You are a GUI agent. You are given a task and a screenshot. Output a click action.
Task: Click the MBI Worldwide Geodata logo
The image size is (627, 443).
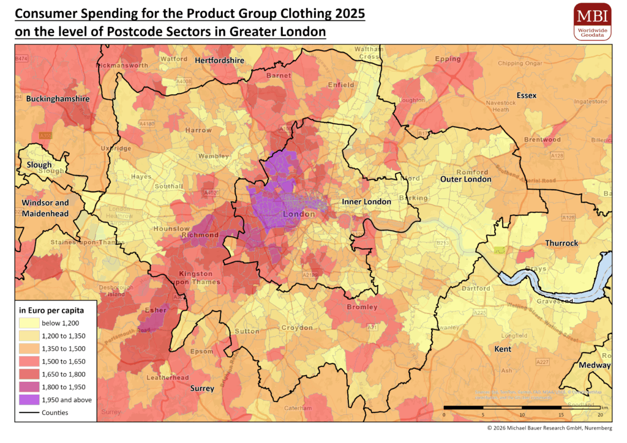(592, 21)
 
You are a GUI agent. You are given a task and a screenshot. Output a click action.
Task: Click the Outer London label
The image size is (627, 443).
(465, 179)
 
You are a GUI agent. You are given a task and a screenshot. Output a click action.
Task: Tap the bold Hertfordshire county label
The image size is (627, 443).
(219, 61)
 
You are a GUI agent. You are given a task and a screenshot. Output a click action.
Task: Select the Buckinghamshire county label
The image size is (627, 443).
(52, 99)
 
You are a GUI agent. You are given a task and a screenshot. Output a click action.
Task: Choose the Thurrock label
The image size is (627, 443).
(561, 243)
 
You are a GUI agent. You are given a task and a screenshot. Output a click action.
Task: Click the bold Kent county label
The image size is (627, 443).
(503, 349)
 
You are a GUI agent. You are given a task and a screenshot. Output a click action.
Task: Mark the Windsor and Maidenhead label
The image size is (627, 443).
(45, 208)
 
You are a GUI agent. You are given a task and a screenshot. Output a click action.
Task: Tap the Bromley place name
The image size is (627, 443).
(362, 307)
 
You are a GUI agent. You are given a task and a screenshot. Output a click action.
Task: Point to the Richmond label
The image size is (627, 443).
(200, 235)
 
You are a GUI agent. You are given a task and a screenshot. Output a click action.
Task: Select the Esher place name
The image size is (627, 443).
(155, 310)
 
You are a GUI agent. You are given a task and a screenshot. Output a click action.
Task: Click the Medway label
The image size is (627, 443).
(595, 365)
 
